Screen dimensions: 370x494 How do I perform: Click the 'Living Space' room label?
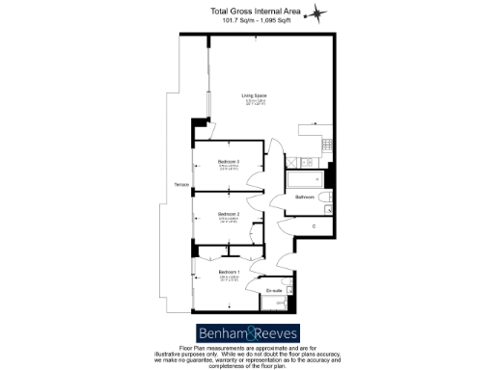point(253,94)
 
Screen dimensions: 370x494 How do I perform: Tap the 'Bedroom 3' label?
point(228,161)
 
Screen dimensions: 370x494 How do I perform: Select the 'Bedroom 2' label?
point(228,213)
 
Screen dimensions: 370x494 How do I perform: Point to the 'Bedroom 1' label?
point(228,273)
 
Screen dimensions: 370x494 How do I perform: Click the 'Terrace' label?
point(180,185)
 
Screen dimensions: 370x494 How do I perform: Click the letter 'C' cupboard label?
point(314,226)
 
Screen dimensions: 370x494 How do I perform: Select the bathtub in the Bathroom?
point(305,178)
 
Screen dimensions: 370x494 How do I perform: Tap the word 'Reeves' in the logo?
point(274,333)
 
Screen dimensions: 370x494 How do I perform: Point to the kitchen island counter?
point(312,125)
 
